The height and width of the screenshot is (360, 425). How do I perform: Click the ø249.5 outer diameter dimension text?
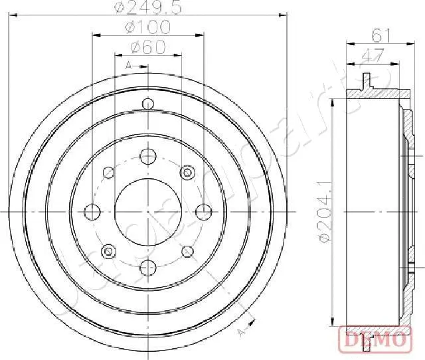click(147, 8)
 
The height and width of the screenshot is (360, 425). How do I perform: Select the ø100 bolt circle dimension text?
click(147, 27)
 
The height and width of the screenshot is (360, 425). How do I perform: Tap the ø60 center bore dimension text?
click(147, 47)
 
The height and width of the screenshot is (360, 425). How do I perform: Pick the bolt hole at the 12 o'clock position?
click(147, 157)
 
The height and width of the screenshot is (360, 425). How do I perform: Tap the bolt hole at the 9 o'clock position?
click(93, 211)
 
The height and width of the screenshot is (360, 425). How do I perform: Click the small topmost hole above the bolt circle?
click(147, 104)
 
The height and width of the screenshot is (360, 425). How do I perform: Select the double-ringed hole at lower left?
click(108, 250)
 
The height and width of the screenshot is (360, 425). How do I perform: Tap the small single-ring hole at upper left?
click(108, 173)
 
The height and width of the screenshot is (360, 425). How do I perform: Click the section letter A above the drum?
click(128, 64)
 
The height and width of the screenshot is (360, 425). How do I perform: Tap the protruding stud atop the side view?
click(365, 80)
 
